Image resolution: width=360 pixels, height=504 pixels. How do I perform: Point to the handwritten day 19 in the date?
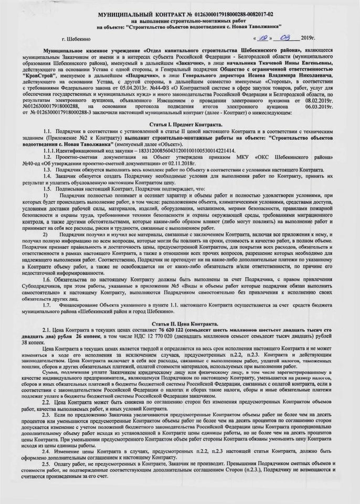[261, 38]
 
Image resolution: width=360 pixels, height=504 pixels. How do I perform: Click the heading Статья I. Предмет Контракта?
[179, 123]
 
